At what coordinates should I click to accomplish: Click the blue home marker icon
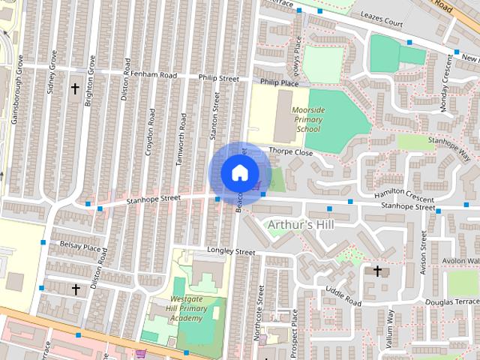coord(238,172)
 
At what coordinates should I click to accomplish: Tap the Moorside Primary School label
coord(307,119)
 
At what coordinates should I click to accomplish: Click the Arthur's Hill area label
coord(300,225)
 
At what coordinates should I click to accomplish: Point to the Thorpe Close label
coord(290,151)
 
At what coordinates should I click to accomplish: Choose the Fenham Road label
coord(154,76)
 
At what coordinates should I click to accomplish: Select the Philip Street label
coord(218,78)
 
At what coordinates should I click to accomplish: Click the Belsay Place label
coord(80,247)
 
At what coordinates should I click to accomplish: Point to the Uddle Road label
coord(343,297)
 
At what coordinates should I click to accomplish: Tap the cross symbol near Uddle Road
coord(377,270)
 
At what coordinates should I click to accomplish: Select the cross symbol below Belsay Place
coord(75,289)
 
